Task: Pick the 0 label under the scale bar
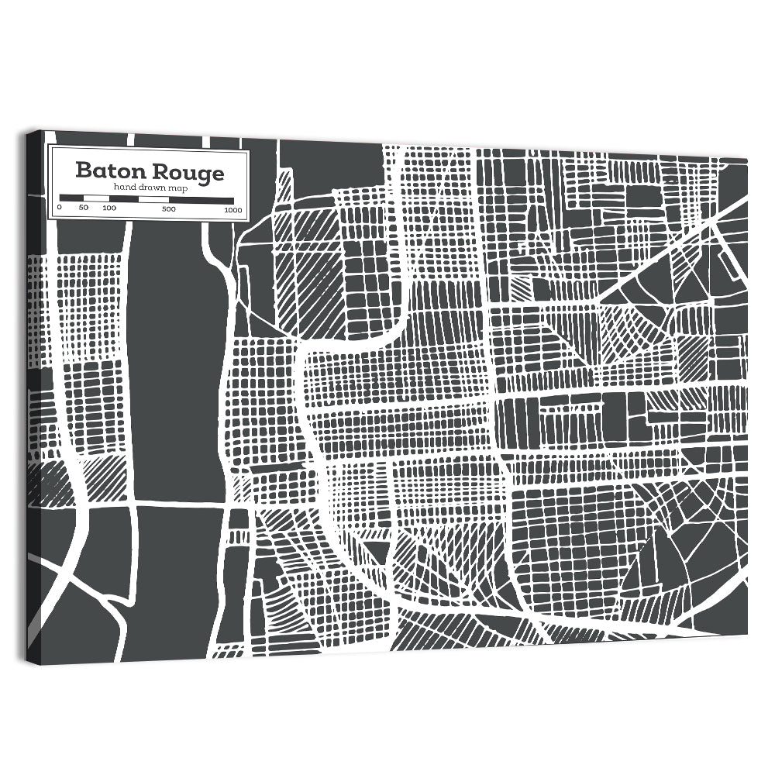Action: tap(60, 208)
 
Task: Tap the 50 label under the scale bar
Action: tap(84, 208)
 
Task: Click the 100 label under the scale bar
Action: tap(109, 208)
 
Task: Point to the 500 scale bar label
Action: tap(169, 208)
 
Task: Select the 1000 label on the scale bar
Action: tap(232, 209)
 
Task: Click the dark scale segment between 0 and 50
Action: tap(72, 198)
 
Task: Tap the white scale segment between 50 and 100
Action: tap(97, 198)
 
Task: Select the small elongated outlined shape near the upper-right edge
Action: tap(729, 260)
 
